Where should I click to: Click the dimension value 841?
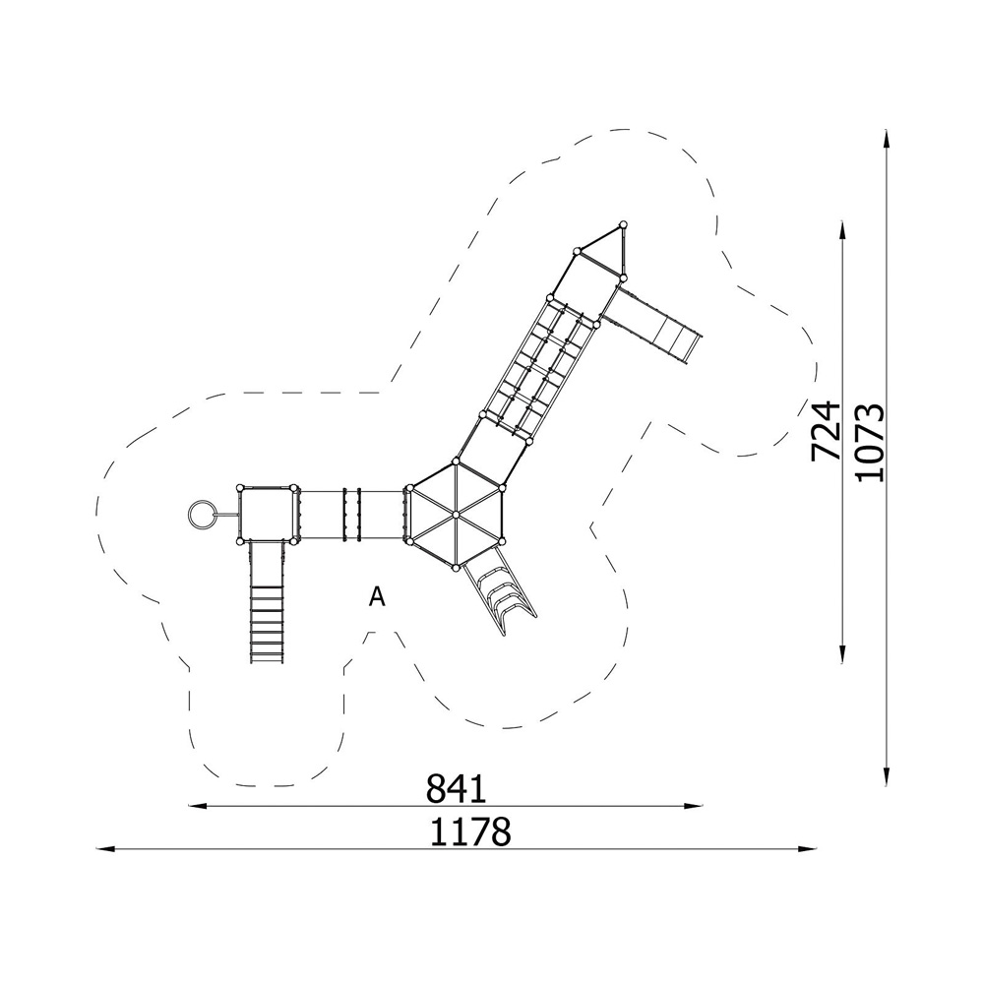457,788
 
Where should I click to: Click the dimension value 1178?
470,832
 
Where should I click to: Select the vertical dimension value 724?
826,431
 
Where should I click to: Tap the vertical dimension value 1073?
870,443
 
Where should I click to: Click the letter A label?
377,597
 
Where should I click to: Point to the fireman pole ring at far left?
201,515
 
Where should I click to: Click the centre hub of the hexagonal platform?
456,515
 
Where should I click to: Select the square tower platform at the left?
268,514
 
